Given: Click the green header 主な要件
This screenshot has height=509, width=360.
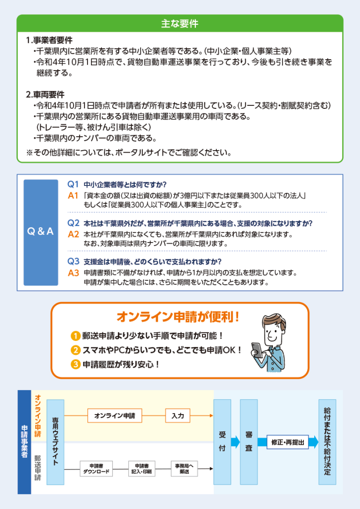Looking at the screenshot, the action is (x=180, y=23).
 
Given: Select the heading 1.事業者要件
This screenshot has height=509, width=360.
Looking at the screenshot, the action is (x=49, y=40).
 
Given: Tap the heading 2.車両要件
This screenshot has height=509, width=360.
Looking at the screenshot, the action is (x=45, y=94).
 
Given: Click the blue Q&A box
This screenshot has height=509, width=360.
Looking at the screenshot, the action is (x=41, y=233).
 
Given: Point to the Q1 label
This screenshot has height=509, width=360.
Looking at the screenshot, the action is (x=73, y=184).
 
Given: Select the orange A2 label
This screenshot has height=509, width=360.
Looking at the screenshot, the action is (x=74, y=234).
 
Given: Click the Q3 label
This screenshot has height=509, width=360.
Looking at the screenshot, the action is (x=74, y=261).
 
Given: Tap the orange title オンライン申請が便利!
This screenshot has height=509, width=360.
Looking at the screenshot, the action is (x=178, y=317).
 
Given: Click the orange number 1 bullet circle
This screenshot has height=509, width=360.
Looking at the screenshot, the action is (x=75, y=336).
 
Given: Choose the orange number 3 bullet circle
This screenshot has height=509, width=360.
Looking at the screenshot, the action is (x=75, y=364).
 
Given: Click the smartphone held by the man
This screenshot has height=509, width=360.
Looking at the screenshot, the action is (x=258, y=350).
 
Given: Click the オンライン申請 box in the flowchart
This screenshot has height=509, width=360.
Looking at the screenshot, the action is (x=114, y=416).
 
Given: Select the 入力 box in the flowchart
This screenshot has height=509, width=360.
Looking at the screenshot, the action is (x=178, y=416).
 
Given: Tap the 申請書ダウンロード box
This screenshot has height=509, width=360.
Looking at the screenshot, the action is (x=96, y=469).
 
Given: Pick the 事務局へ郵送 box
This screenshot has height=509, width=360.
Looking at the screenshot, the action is (x=184, y=469).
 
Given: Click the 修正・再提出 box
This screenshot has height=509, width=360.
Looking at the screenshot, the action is (x=287, y=442).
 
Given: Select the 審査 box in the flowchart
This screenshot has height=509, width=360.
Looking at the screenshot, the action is (x=249, y=442).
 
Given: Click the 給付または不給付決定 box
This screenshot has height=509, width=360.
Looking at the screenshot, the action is (x=327, y=442).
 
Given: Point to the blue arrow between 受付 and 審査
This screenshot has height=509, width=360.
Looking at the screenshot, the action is (x=235, y=442).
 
